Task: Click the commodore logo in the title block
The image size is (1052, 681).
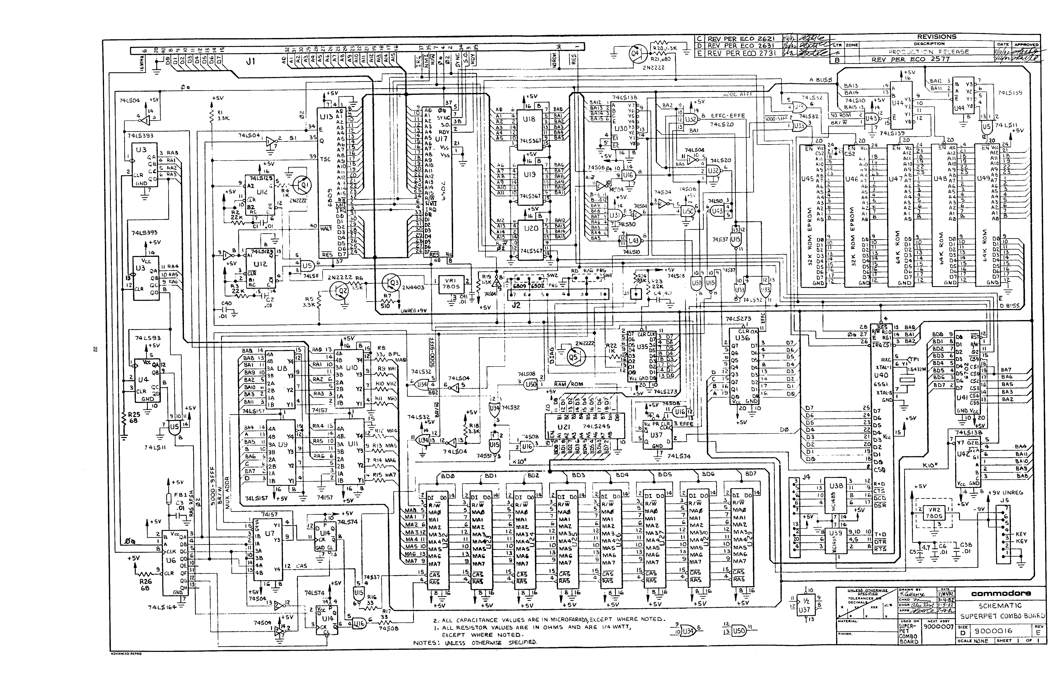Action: (1001, 593)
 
